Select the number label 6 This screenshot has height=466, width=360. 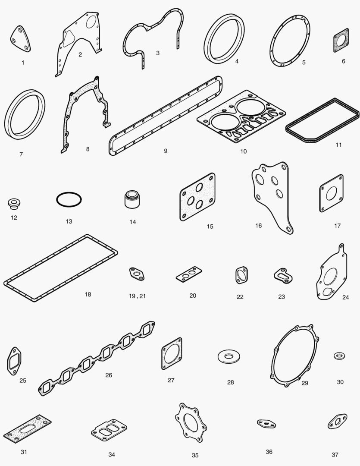(344, 61)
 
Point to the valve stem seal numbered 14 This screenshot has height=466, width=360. (132, 199)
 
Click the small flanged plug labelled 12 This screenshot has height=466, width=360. (14, 204)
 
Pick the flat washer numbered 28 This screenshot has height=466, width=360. (229, 356)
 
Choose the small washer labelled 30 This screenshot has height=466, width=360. (339, 356)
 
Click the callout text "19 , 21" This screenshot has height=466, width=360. (137, 296)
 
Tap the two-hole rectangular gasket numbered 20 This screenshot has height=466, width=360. (189, 274)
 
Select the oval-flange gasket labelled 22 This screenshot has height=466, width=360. (241, 275)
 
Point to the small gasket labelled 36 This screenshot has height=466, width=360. (266, 424)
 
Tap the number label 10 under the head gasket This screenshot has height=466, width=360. (244, 151)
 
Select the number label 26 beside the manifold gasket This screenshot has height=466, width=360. (109, 375)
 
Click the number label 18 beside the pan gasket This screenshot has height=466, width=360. (88, 295)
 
